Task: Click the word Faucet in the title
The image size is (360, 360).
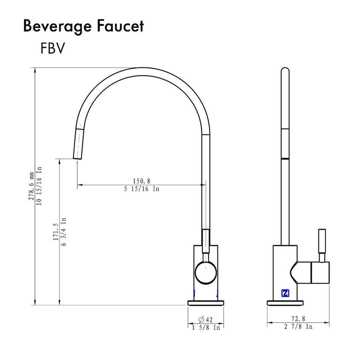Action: tap(119, 26)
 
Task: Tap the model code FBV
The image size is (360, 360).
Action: tap(52, 48)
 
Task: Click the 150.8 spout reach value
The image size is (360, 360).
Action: tap(141, 181)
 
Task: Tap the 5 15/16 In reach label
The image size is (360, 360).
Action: tap(141, 189)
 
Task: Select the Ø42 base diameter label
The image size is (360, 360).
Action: tap(205, 319)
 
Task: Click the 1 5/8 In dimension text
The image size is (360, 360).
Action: tap(205, 327)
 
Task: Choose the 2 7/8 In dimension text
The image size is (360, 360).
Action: tap(298, 326)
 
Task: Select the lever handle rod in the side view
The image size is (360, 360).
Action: tap(322, 244)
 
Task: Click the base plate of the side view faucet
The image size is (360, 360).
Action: tap(284, 302)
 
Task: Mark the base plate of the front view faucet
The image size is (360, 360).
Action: tap(205, 302)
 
